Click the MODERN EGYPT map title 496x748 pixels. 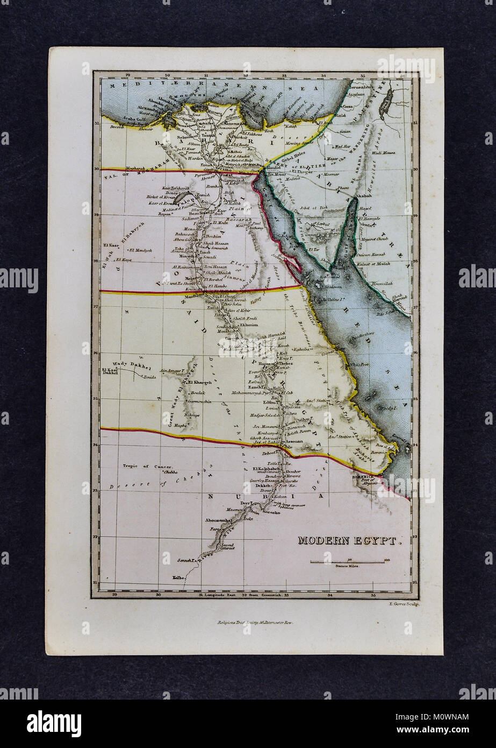tap(350, 540)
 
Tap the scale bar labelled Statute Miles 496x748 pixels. tap(348, 562)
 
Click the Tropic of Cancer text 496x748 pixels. tap(147, 467)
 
